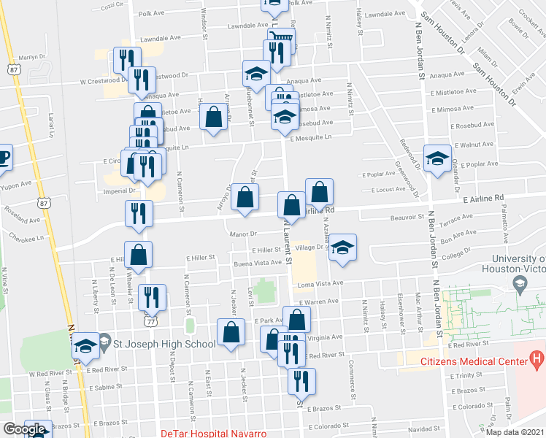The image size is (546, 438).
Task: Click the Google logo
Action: (x=23, y=429)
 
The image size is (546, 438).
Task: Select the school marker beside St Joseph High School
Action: (x=86, y=345)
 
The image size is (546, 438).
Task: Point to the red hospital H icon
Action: (x=536, y=359)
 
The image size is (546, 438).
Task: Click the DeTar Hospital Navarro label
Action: (x=213, y=433)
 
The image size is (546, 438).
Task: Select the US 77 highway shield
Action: (x=150, y=320)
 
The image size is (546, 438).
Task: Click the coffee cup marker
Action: (x=3, y=157)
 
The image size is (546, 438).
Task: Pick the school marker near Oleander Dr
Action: (x=437, y=158)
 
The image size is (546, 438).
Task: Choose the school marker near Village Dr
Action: (x=342, y=248)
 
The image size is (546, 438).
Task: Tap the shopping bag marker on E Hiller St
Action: (x=138, y=255)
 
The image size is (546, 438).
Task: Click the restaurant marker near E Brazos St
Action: (x=301, y=381)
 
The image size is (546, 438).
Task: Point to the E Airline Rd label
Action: (x=483, y=198)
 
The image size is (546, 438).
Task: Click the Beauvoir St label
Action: (x=407, y=217)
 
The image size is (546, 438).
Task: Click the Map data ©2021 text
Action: (x=515, y=432)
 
